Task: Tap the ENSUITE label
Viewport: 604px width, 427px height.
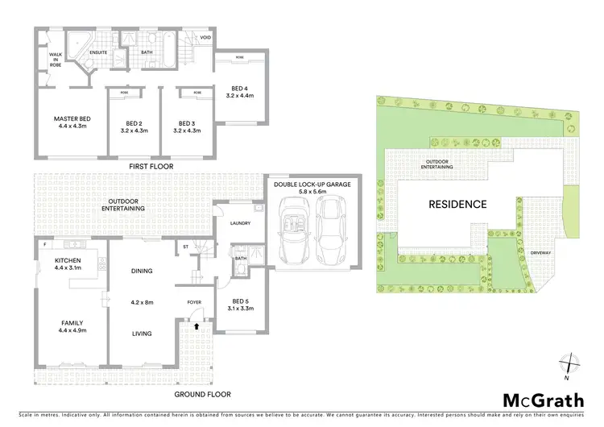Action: coord(99,52)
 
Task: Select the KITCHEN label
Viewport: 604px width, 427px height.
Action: coord(67,260)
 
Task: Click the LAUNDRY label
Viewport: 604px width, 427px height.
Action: coord(240,223)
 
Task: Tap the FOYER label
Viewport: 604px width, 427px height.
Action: coord(194,303)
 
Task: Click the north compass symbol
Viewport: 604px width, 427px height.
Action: coord(569,363)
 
